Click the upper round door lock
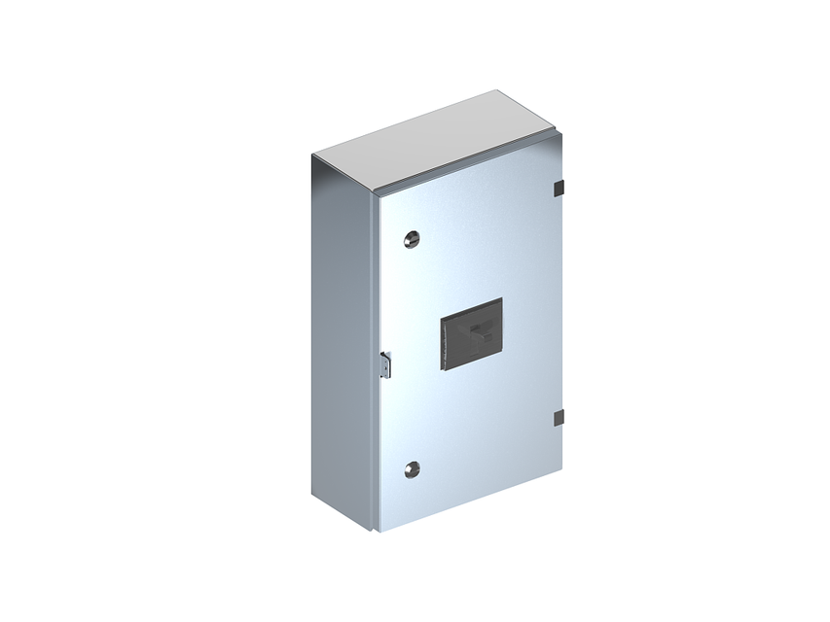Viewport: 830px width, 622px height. coord(410,237)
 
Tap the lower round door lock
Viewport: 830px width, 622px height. coord(410,468)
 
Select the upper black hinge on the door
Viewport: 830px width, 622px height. coord(559,186)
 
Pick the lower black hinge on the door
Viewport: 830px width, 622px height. coord(559,418)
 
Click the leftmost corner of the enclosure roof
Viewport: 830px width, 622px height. coord(312,155)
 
